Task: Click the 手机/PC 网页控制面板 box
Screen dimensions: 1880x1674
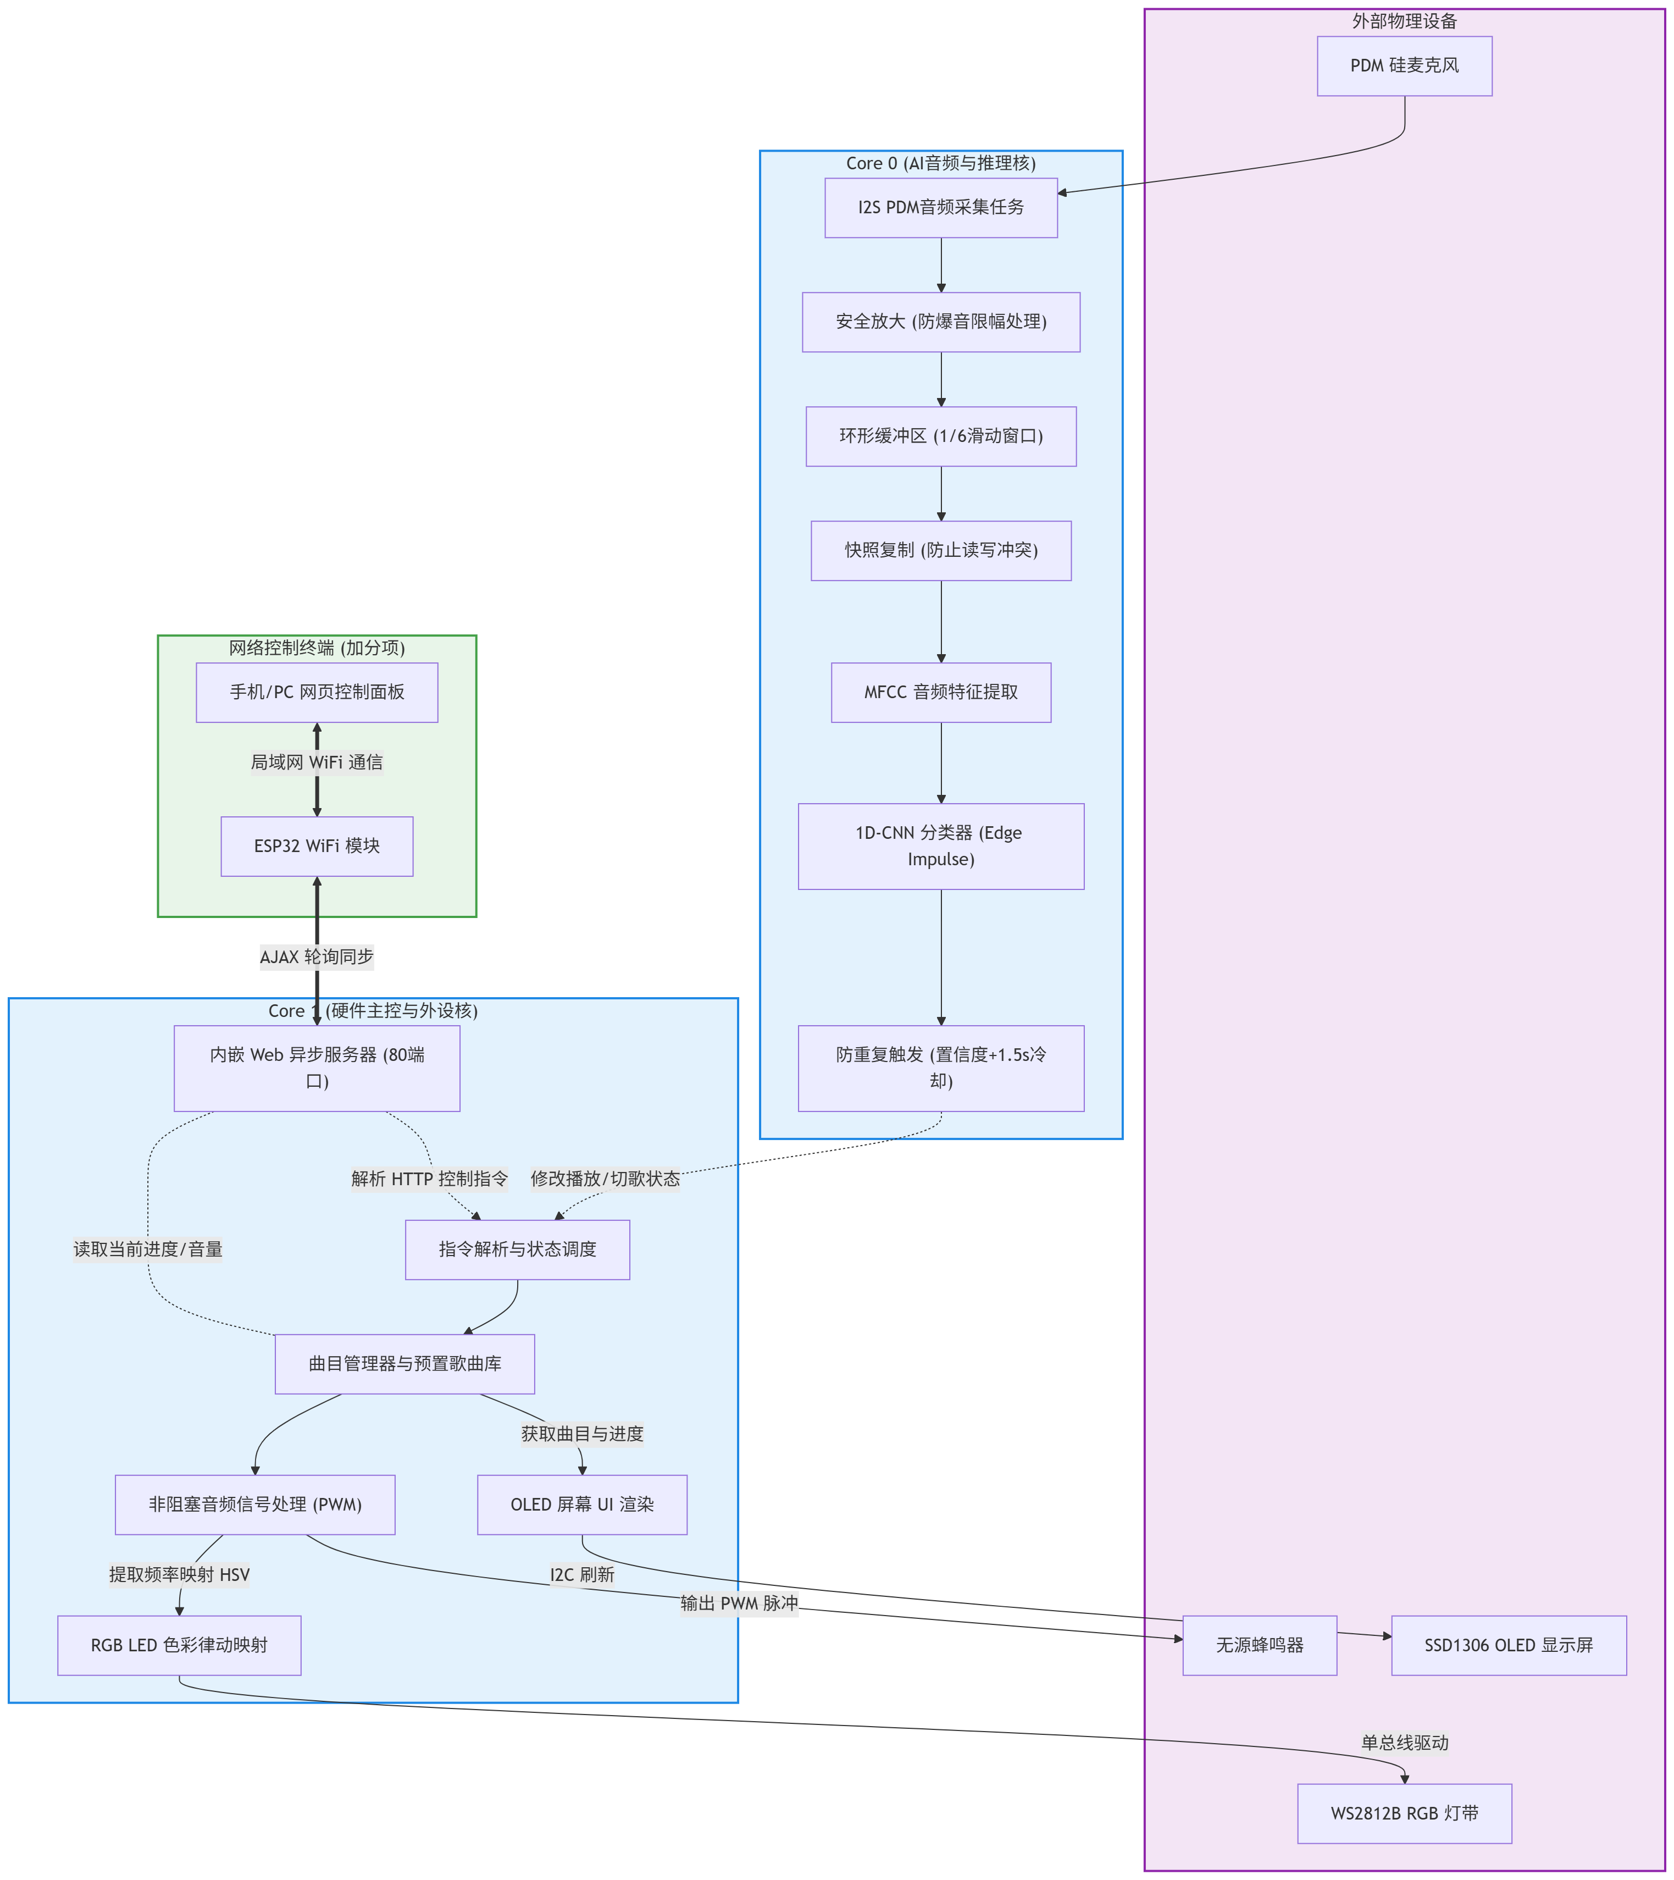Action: tap(317, 693)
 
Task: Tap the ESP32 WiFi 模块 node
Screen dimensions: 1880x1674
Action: tap(317, 846)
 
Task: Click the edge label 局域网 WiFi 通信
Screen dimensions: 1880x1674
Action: tap(317, 762)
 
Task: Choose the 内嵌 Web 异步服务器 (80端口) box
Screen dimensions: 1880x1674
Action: tap(317, 1068)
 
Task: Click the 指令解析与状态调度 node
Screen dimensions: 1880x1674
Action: tap(517, 1250)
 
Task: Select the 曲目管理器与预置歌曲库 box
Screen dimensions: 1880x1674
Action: tap(404, 1364)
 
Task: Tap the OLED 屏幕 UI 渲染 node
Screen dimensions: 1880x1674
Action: tap(581, 1505)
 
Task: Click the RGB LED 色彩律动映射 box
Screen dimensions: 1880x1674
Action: tap(179, 1645)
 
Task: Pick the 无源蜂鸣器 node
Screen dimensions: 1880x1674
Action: tap(1259, 1645)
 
